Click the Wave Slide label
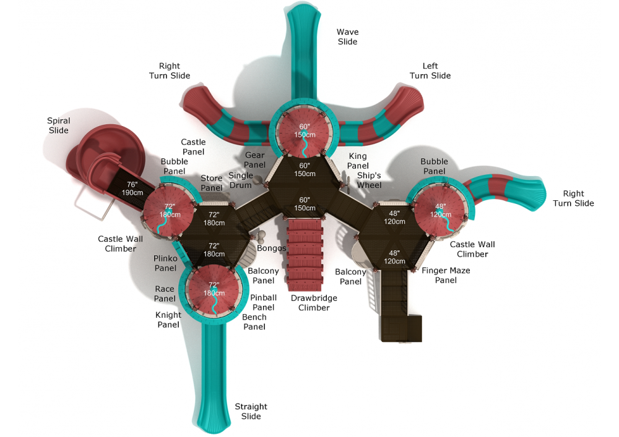(347, 36)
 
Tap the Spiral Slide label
(59, 125)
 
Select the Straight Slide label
(251, 411)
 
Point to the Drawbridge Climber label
(314, 302)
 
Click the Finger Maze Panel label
(446, 275)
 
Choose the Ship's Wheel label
(369, 180)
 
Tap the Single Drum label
(240, 180)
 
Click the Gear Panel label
(255, 160)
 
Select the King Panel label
(358, 161)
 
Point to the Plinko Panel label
(165, 263)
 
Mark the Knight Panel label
(168, 320)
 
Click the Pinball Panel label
(263, 302)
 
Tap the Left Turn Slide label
(430, 70)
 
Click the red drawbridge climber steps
(305, 254)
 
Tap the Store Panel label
(212, 184)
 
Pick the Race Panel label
(165, 294)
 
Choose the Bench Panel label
(254, 321)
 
